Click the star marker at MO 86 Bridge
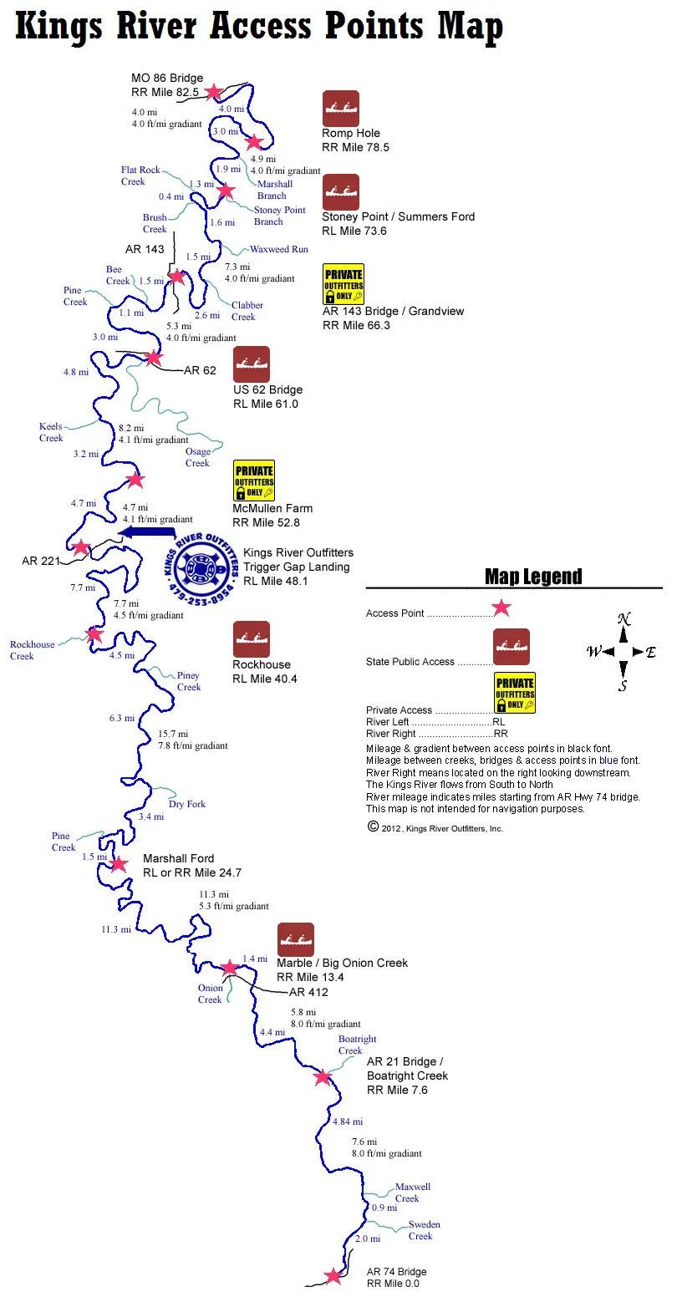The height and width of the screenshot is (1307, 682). (x=214, y=92)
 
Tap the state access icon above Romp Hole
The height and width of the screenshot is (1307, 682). (x=341, y=109)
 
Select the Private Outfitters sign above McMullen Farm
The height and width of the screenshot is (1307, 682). (x=254, y=481)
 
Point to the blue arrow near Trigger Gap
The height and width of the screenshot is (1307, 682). (x=146, y=531)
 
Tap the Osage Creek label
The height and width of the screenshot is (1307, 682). (x=198, y=457)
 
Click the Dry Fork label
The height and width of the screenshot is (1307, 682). (x=186, y=803)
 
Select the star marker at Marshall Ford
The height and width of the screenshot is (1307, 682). (x=119, y=863)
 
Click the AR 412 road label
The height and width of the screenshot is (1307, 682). (x=308, y=992)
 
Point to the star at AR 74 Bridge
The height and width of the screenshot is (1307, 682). (x=333, y=1276)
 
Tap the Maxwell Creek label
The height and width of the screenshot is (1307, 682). (x=413, y=1192)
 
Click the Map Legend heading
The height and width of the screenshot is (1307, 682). (x=533, y=577)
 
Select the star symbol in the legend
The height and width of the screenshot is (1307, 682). (x=501, y=608)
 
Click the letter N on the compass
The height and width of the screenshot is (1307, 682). (x=623, y=618)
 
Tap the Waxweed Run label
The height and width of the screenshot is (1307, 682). (x=279, y=249)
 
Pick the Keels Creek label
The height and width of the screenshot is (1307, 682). (x=51, y=432)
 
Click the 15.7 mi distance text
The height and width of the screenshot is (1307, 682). (x=173, y=734)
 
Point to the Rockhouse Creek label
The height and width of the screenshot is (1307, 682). (x=32, y=650)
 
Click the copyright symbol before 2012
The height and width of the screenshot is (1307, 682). (x=373, y=826)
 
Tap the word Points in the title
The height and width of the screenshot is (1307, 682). (x=374, y=26)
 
